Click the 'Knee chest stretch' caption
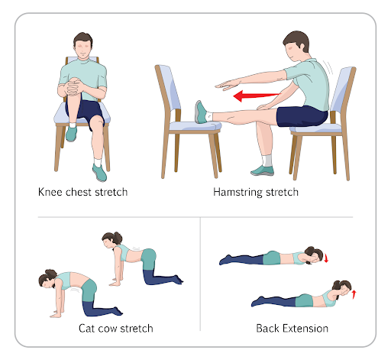tap(82, 191)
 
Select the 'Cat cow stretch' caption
tap(116, 329)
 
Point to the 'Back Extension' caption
tap(292, 329)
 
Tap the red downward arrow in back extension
tap(327, 258)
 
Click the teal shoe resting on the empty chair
tap(201, 112)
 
